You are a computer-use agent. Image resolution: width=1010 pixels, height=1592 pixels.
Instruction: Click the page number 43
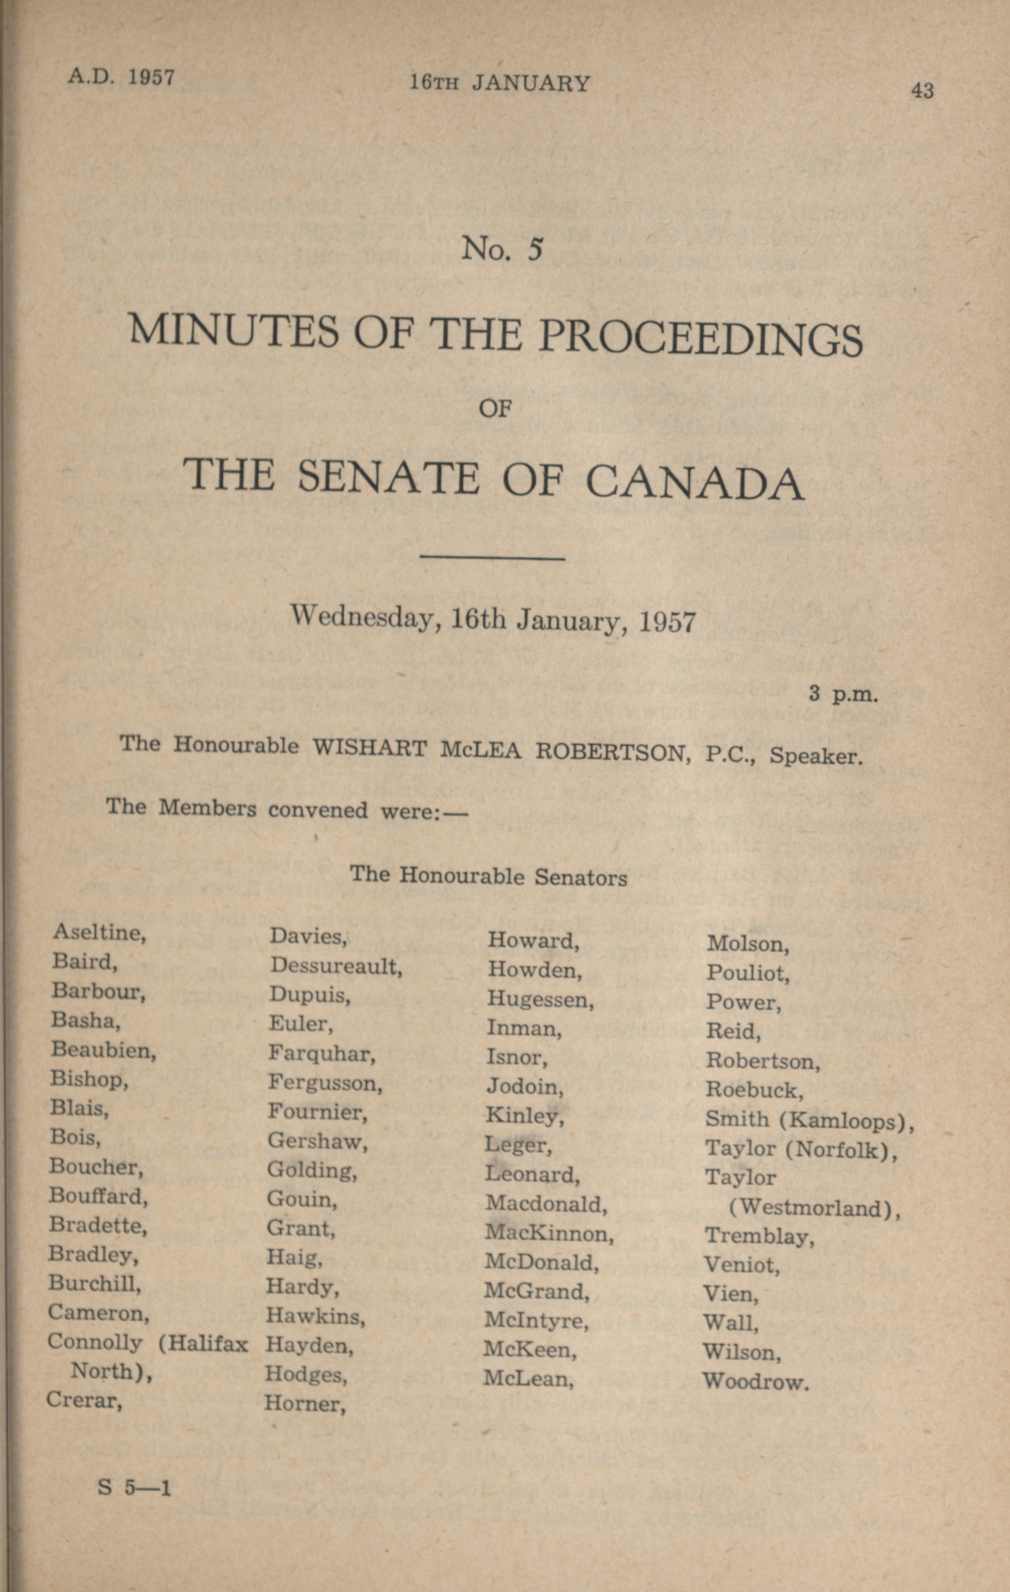[x=922, y=90]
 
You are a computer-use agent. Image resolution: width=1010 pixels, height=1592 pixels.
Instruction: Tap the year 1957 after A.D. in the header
[x=151, y=77]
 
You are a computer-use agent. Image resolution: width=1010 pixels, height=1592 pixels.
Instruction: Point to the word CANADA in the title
[x=695, y=481]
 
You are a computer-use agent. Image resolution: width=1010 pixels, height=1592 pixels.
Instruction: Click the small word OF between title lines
[x=495, y=410]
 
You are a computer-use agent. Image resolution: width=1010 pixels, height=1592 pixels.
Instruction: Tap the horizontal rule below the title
[x=492, y=560]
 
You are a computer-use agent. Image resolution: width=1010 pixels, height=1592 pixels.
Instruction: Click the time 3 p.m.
[x=843, y=695]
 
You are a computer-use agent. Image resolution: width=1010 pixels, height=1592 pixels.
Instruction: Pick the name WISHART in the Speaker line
[x=369, y=748]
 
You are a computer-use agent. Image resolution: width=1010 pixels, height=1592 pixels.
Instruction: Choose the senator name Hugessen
[x=540, y=999]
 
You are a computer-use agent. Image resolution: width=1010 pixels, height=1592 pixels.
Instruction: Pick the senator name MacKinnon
[x=549, y=1233]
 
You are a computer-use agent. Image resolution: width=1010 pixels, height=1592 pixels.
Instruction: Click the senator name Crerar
[x=84, y=1400]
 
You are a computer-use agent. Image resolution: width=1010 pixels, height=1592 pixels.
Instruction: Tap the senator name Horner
[x=305, y=1404]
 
